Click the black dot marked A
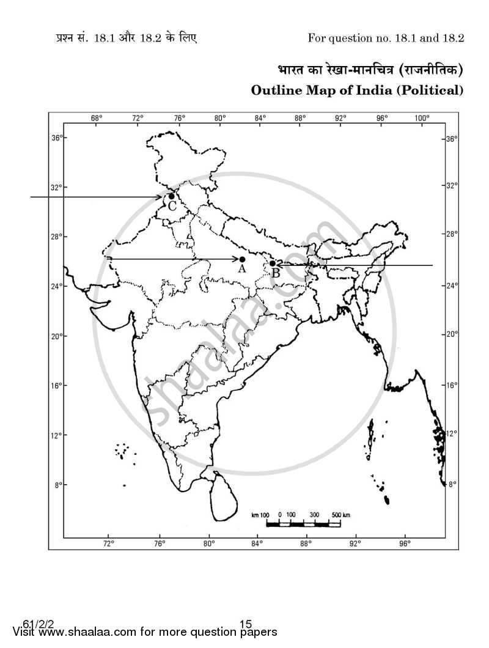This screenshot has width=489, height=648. coord(243,259)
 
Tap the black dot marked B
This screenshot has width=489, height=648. coord(273,263)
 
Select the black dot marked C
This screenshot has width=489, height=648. coord(171,196)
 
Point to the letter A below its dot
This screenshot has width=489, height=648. coord(242,269)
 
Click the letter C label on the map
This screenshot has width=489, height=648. coord(172,207)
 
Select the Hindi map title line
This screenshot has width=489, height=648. coord(367,70)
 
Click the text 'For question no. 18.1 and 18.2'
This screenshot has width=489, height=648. coord(385,38)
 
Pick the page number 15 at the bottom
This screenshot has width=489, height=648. coord(245,624)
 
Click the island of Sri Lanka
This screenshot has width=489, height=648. coord(224,498)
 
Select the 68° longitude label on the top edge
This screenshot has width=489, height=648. coord(97,117)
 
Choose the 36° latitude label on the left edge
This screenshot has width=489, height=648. coord(56,138)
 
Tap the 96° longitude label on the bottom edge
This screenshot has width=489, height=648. coord(404,542)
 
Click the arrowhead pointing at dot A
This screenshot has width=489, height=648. coord(236,259)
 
